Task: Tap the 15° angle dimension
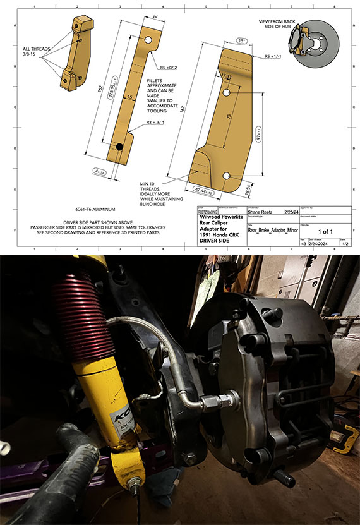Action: [242, 41]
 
